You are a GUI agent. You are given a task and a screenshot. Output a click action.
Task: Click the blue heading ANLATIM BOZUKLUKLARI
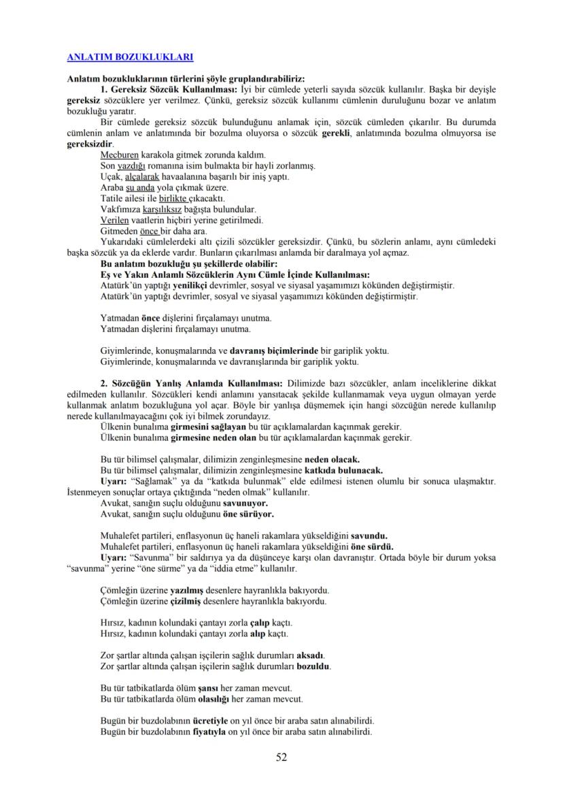(x=130, y=57)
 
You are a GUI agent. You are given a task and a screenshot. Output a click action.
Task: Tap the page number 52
(x=281, y=757)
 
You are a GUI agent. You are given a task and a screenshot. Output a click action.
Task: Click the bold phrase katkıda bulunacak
(x=343, y=470)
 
